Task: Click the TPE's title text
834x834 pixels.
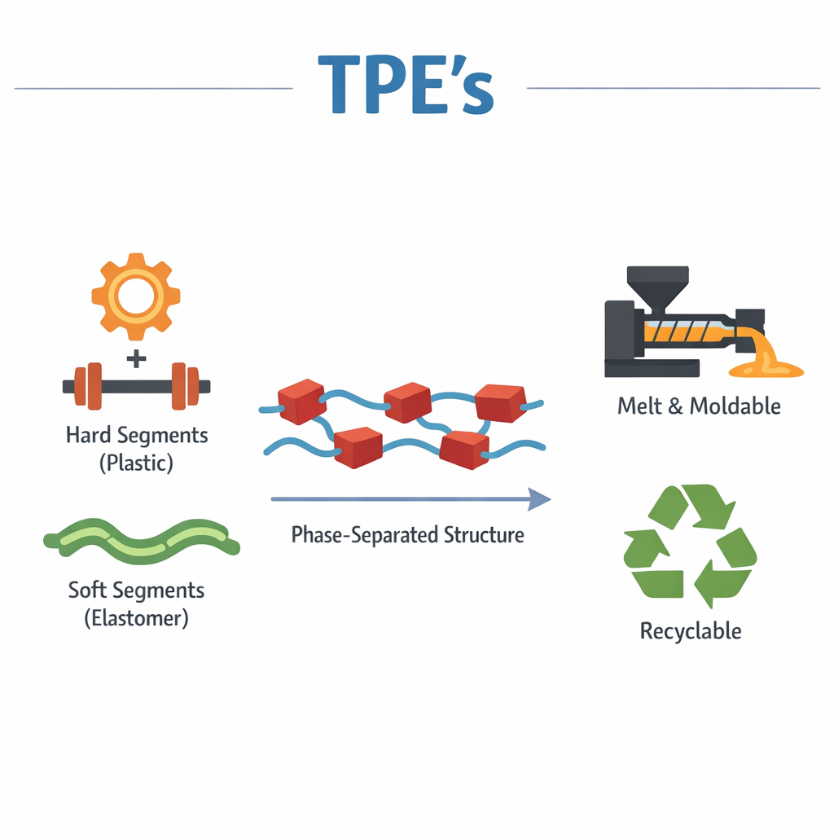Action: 406,85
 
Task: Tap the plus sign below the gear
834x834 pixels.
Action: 136,358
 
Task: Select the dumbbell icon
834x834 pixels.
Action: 136,386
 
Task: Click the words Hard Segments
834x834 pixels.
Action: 137,435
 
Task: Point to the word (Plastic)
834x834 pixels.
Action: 136,463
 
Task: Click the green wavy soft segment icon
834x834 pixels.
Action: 142,541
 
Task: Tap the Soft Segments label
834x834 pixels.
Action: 136,590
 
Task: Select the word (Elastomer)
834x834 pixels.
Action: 136,618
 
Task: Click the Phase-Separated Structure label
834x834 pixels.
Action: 407,534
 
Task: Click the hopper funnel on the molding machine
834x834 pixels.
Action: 658,288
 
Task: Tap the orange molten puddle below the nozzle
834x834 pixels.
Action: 766,368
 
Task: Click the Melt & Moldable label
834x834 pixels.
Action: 699,406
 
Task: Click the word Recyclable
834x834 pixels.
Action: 691,631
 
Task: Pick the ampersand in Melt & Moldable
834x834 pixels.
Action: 675,406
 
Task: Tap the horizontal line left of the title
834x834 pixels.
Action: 153,88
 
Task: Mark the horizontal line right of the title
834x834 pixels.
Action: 674,88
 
